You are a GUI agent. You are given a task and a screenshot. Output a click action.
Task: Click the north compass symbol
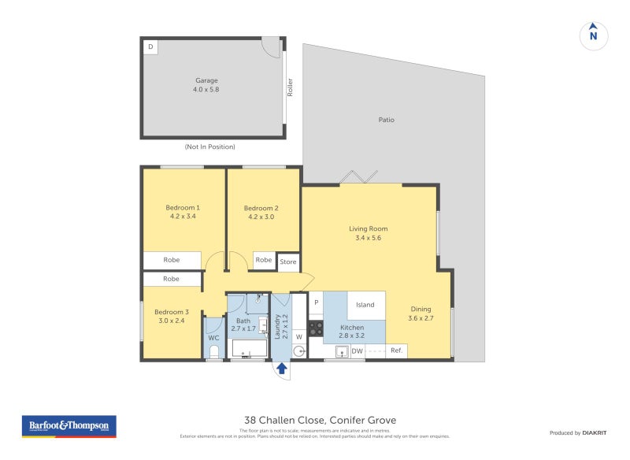click(594, 35)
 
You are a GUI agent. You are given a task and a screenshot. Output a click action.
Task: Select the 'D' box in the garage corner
click(150, 46)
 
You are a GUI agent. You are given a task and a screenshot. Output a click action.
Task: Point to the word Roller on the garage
click(290, 86)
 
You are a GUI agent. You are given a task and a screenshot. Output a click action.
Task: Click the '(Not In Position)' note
click(209, 147)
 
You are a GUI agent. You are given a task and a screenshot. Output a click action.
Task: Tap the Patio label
click(386, 120)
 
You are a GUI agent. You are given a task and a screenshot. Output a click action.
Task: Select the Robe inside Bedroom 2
click(264, 260)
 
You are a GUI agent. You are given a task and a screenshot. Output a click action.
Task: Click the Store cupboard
click(288, 262)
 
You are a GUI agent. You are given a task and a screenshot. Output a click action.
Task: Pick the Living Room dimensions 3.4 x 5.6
click(369, 237)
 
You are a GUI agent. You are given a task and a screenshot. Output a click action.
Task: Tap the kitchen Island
click(365, 305)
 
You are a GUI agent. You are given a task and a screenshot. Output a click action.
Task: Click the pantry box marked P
click(315, 302)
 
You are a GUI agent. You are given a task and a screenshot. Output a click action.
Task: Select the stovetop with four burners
click(315, 328)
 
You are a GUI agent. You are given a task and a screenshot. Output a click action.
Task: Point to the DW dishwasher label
click(357, 351)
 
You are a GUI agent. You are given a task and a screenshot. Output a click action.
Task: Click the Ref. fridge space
click(396, 351)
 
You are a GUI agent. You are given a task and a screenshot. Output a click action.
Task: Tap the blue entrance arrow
click(281, 368)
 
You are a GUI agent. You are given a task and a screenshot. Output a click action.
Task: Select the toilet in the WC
click(213, 351)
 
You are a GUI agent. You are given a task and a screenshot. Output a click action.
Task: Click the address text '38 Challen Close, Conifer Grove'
click(320, 421)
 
